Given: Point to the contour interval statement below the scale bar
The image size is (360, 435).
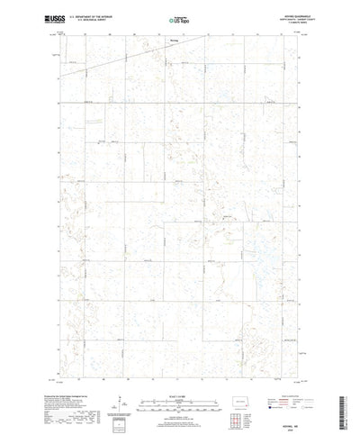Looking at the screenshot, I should pos(179,389).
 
